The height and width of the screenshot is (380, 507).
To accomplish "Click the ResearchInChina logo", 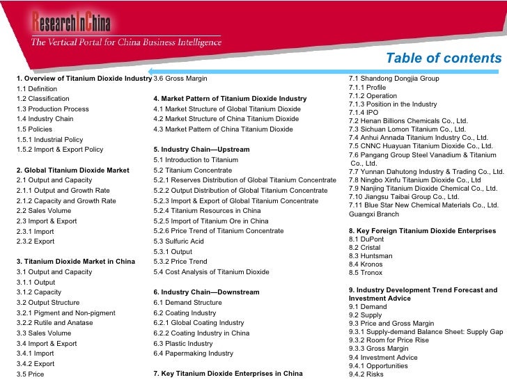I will click(70, 23).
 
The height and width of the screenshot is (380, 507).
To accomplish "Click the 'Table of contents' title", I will click(443, 58).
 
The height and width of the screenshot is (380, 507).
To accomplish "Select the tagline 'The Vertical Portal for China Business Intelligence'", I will click(125, 42).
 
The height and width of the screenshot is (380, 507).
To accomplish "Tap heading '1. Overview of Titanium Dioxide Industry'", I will click(84, 79).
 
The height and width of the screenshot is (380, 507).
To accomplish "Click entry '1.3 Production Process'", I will click(52, 109).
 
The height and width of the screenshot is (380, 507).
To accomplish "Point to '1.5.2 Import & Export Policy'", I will click(59, 150).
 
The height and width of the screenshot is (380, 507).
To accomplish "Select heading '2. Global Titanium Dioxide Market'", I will click(72, 170).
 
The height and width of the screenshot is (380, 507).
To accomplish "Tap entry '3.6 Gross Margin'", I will click(180, 79).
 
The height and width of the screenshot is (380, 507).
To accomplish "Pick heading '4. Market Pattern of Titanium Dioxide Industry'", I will click(230, 99).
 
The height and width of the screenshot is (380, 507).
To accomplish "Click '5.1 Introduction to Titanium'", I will click(196, 160).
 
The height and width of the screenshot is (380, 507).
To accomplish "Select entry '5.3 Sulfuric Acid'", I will click(178, 242).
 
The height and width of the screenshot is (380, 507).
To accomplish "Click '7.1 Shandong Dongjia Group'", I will click(393, 79).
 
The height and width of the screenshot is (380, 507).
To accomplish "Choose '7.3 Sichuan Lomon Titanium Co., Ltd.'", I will click(407, 129).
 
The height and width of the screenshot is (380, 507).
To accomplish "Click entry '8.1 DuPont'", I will click(366, 239).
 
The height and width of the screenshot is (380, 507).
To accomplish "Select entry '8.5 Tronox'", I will click(366, 273).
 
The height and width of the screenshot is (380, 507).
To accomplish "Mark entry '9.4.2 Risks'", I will click(366, 374).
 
